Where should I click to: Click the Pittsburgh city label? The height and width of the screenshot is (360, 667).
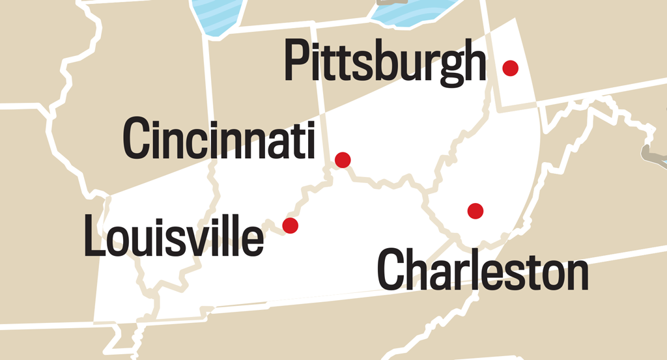pos(385,62)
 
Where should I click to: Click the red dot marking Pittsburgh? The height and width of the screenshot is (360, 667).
pos(511,67)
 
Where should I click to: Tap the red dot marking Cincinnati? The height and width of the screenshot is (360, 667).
pos(343,159)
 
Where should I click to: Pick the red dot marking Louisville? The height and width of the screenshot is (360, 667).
pos(291,226)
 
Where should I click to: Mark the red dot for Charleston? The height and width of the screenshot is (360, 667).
pos(475,210)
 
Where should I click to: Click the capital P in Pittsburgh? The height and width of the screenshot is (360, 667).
pos(297,60)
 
